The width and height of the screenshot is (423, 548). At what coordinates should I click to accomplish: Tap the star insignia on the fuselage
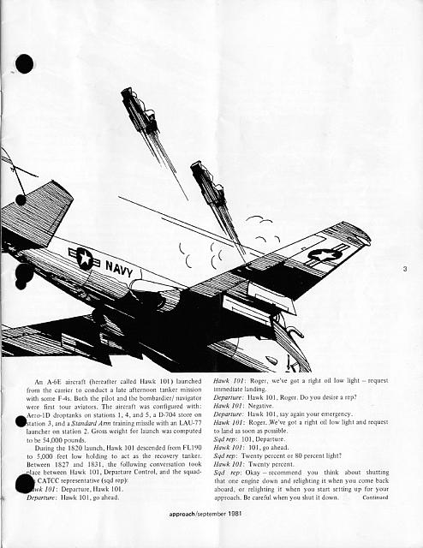click(x=85, y=257)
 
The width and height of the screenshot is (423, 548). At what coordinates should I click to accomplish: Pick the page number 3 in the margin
click(x=403, y=271)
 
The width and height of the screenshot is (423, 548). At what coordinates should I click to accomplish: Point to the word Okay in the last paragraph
click(x=255, y=476)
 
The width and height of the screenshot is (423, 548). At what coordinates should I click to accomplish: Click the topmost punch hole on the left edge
click(x=24, y=63)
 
